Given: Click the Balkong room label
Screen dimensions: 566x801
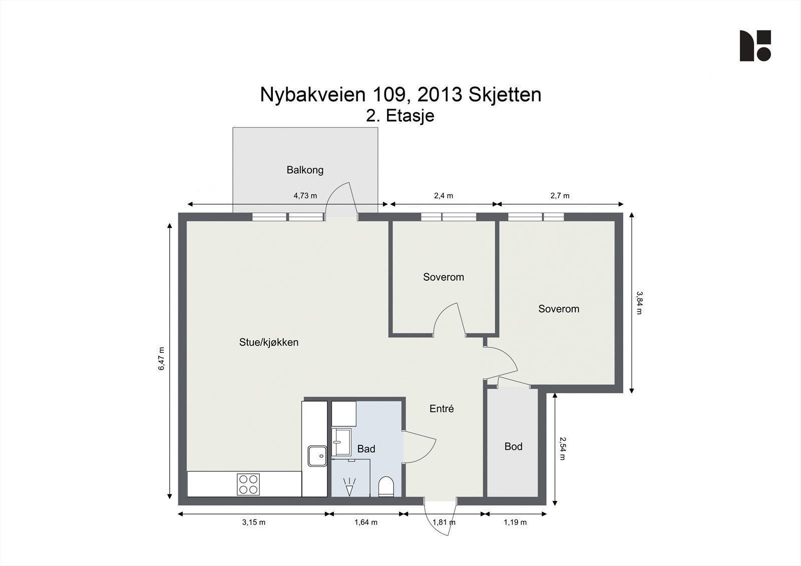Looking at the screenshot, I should coord(305,170).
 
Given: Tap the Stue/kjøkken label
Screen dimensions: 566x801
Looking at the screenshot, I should coord(269,342).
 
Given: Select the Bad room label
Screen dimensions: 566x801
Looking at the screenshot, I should coord(366,449).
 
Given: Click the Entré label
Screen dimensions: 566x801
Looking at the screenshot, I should coord(442,409).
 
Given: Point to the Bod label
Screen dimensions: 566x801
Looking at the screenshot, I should coord(513,446).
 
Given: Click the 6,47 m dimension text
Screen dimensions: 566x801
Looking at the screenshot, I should coord(162,359).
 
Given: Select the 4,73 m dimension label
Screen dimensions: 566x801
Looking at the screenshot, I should coord(305,196).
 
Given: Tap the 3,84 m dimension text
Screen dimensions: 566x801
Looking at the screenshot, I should coord(639,303).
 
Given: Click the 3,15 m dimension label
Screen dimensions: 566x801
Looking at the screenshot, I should coord(254,522).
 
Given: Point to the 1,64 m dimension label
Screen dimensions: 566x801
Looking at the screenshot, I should coord(366,522).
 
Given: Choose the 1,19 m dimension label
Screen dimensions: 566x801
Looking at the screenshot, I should coord(515,522).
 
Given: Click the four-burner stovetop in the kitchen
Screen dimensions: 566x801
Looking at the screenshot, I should coord(249,484).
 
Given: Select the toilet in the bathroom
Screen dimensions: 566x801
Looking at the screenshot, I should coord(386,486).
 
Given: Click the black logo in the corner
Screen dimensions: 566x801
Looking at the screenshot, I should coord(755,46).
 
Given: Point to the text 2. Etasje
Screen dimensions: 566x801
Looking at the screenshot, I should coord(400,116).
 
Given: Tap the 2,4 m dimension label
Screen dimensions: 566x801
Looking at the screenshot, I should coord(444,196).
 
